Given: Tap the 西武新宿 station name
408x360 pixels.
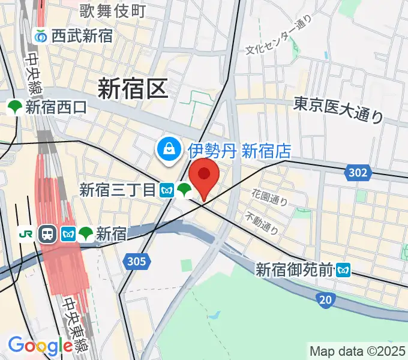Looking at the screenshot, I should point(82,36).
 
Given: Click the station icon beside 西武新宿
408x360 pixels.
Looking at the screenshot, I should point(41,36).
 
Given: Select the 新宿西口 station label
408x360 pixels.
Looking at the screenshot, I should point(56,108).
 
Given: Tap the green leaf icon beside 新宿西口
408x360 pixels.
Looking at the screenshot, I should point(14,108).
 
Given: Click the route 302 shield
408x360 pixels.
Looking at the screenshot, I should point(357,173).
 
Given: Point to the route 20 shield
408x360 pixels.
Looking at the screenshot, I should point(324,299).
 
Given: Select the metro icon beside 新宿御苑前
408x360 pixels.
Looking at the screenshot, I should point(343,270).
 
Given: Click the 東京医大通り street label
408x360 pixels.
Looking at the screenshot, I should point(338,112).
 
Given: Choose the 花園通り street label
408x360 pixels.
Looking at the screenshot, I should point(270,197).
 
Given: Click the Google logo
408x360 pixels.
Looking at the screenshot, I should point(41,346).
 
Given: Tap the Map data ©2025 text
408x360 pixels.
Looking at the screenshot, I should point(358,352).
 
